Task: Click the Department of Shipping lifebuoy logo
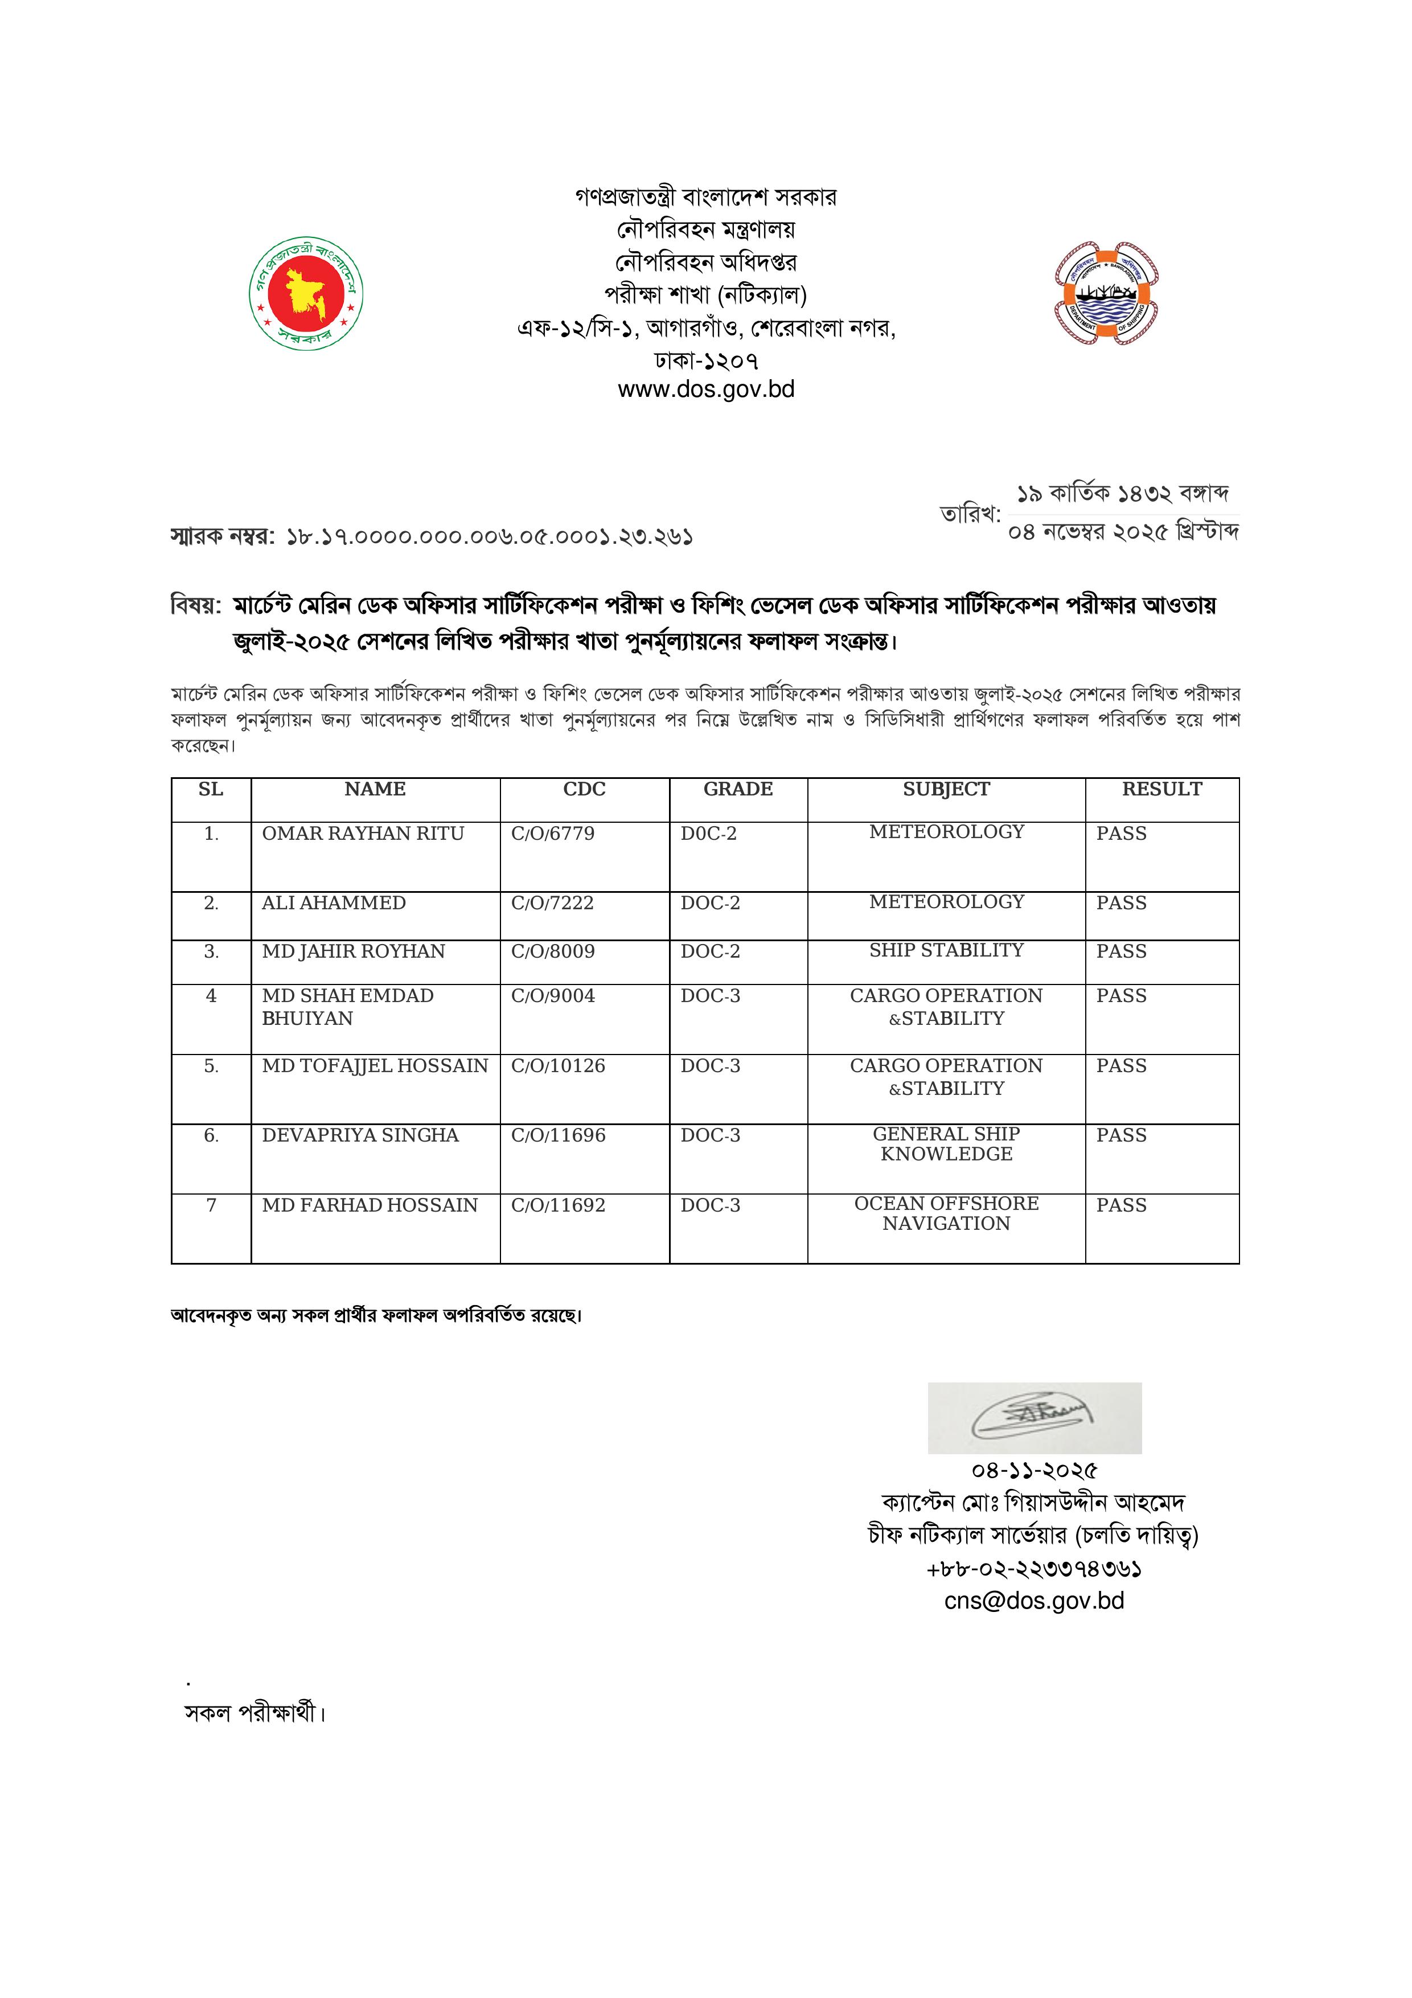tap(1106, 293)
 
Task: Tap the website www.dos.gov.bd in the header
tap(705, 389)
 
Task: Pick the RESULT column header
tap(1161, 789)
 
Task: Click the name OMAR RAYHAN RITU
tap(363, 834)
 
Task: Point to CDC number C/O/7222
tap(552, 903)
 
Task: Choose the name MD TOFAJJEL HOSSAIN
tap(375, 1066)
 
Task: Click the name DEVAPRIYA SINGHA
tap(360, 1135)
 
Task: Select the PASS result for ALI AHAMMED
tap(1122, 903)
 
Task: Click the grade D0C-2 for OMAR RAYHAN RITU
tap(708, 834)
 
